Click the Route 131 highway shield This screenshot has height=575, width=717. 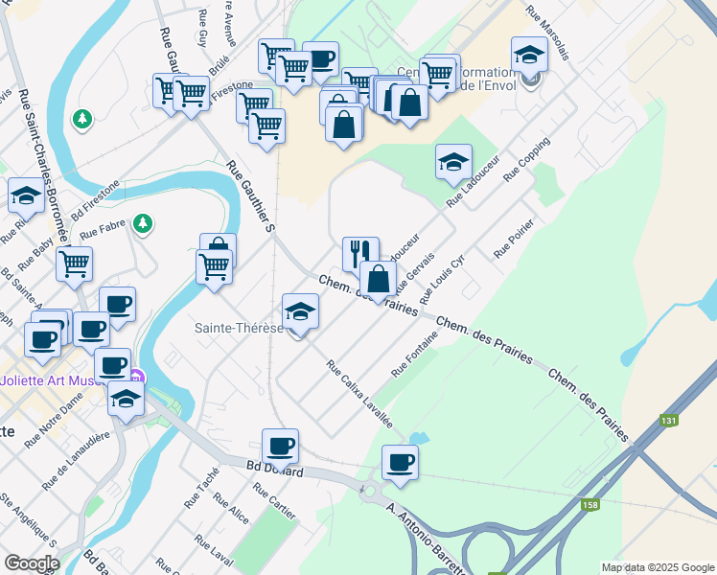[668, 420]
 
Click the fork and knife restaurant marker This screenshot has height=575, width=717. [360, 253]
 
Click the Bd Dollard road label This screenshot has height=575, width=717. [275, 471]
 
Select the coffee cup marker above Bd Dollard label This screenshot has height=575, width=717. [280, 445]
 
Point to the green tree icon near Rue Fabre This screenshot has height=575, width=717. [143, 222]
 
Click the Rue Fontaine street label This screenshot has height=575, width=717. [414, 353]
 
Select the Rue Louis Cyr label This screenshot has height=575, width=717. [449, 279]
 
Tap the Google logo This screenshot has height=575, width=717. [31, 563]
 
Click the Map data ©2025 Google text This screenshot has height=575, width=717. [658, 567]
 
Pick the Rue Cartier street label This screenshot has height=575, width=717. [275, 502]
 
